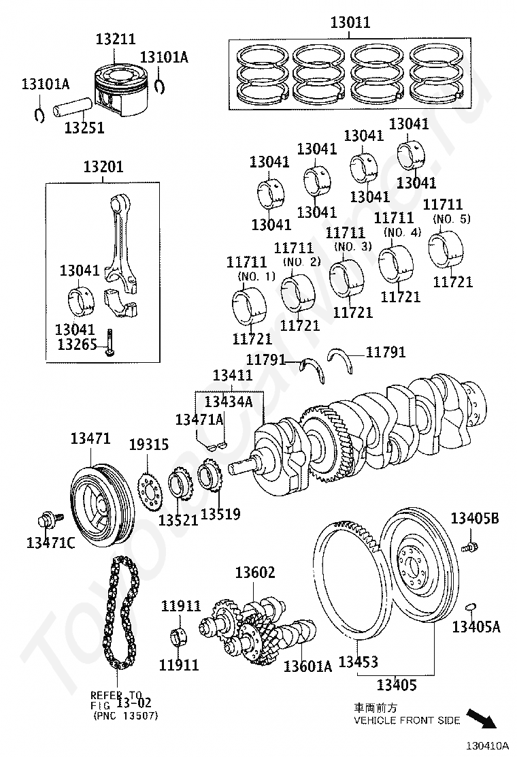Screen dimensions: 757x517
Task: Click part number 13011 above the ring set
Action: point(350,22)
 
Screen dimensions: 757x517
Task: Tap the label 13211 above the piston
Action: point(115,40)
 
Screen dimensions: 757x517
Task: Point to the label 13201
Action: point(103,167)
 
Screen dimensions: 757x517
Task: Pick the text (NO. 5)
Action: point(451,219)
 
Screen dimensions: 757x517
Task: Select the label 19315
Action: point(149,445)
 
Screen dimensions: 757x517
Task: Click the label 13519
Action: point(220,513)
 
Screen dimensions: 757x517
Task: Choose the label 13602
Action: point(255,573)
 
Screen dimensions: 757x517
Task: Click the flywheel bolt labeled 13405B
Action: point(469,545)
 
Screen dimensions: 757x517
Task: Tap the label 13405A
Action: point(476,627)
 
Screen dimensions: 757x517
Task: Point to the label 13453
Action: point(358,662)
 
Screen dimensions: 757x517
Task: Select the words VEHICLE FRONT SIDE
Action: point(406,720)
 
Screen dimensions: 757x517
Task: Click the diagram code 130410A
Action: point(486,746)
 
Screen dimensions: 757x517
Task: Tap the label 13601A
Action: point(307,666)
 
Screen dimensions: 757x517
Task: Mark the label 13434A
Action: point(229,402)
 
